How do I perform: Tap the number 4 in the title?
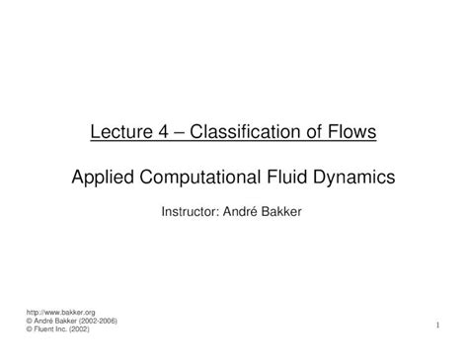pos(163,129)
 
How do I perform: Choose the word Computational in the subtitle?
pos(199,178)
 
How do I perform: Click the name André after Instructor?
pos(252,211)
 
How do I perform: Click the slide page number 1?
pos(435,324)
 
